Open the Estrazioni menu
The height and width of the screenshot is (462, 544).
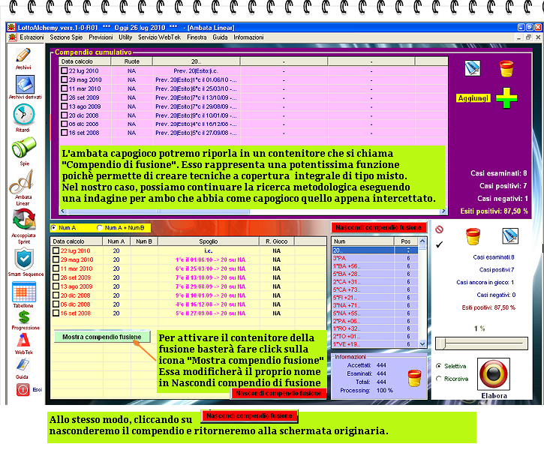pyautogui.click(x=32, y=37)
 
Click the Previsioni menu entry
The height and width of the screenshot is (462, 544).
pyautogui.click(x=101, y=37)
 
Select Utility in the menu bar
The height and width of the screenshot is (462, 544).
pyautogui.click(x=125, y=37)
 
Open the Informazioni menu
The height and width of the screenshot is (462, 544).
pyautogui.click(x=248, y=37)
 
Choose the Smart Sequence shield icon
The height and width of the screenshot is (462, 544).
pyautogui.click(x=23, y=259)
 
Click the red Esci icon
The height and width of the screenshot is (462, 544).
pyautogui.click(x=23, y=389)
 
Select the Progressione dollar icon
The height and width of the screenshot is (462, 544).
pyautogui.click(x=23, y=318)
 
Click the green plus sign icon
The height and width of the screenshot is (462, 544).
pyautogui.click(x=506, y=98)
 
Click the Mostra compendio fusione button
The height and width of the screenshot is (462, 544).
pyautogui.click(x=102, y=337)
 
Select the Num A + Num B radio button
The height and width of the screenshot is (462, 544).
pyautogui.click(x=100, y=227)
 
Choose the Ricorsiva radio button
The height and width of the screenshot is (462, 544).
pyautogui.click(x=438, y=379)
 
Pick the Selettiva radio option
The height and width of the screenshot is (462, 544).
pyautogui.click(x=438, y=366)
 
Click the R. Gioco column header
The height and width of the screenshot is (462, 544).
pyautogui.click(x=277, y=241)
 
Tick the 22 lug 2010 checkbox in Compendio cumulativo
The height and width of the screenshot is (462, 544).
pyautogui.click(x=65, y=70)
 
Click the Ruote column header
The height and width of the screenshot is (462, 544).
pyautogui.click(x=132, y=61)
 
